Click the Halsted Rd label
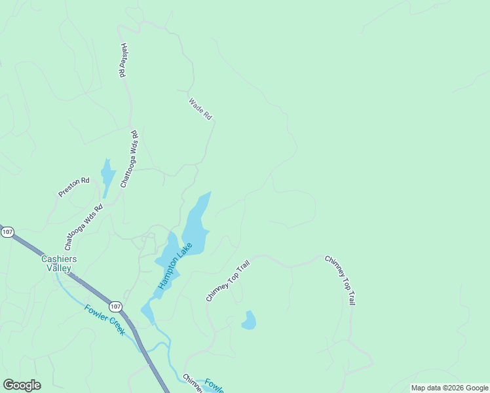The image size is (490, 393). (x=122, y=61)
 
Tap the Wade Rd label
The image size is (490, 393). (x=200, y=109)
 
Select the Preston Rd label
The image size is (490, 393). (x=73, y=186)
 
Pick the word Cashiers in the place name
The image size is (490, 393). (x=59, y=259)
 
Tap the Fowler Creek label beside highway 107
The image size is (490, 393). (x=105, y=320)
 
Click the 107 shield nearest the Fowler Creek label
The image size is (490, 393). (x=116, y=307)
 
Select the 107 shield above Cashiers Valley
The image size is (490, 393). (x=7, y=233)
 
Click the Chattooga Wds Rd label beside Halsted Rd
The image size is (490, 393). (x=130, y=159)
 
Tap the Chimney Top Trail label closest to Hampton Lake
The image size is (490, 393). (x=228, y=281)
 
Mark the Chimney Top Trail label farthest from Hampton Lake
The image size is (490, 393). (x=340, y=280)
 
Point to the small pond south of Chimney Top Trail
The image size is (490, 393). (x=248, y=320)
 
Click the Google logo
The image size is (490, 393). (x=22, y=385)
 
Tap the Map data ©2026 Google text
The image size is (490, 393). (x=449, y=388)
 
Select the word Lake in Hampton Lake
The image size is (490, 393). (x=185, y=250)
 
